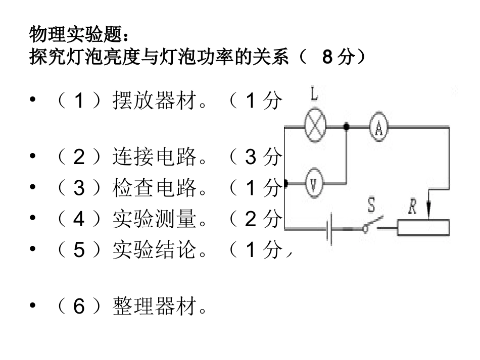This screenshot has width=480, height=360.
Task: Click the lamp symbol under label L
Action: coord(315,126)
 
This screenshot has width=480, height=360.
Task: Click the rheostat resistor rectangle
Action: coord(423,228)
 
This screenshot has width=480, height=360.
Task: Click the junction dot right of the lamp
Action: coord(346,126)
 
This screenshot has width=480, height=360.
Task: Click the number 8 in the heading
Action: coord(327,57)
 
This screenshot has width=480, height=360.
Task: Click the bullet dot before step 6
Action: coord(33,306)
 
